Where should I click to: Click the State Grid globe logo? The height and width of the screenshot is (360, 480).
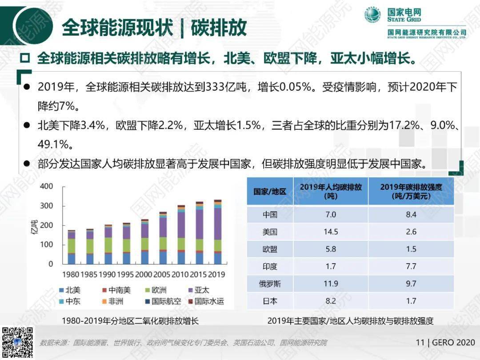coord(372,16)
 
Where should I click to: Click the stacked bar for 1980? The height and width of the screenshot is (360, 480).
coord(72,247)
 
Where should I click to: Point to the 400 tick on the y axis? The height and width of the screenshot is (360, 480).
coord(46,186)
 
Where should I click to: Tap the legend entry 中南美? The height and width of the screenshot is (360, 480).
coord(116,290)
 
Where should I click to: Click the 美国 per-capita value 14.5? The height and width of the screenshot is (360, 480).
coord(331,232)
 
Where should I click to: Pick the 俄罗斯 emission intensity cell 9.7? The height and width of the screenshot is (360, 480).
coord(411,284)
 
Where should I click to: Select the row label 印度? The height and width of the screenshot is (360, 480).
coord(270,266)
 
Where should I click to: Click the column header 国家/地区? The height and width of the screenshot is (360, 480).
coord(270,192)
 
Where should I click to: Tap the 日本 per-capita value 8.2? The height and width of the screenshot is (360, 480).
coord(331,301)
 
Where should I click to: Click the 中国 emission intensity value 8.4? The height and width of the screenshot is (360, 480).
coord(411,215)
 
